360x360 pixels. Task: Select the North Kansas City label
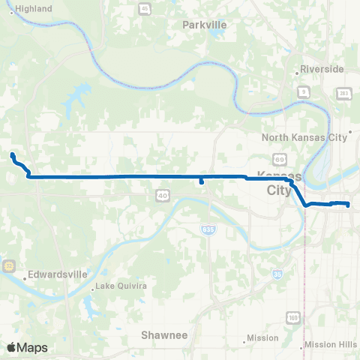(304, 137)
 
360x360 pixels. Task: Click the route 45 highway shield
(143, 8)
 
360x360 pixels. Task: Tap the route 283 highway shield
(343, 93)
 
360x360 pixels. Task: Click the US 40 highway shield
(163, 195)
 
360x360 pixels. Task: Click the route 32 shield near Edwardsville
(9, 265)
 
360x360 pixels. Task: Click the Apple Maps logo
(26, 347)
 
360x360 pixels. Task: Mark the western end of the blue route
(13, 154)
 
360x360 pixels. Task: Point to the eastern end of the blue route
(349, 204)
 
